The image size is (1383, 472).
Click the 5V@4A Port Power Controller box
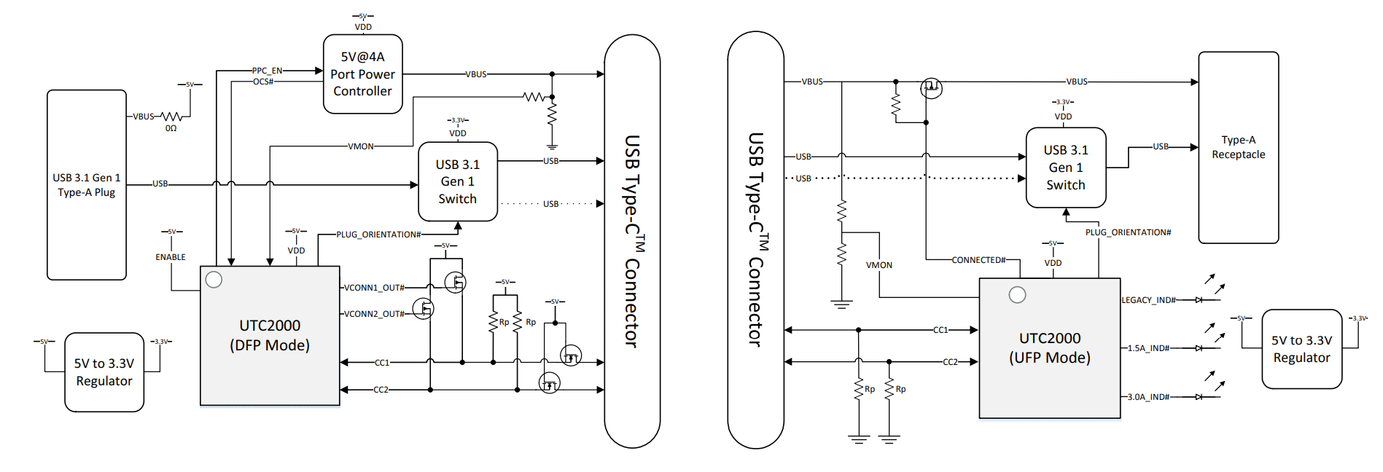tap(362, 74)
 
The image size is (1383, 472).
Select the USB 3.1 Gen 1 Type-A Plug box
tap(86, 184)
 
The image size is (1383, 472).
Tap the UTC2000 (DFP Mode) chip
tap(270, 335)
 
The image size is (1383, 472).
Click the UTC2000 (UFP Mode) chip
tap(1049, 347)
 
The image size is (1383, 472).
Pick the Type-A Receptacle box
tap(1238, 147)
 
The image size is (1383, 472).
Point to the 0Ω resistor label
tap(171, 128)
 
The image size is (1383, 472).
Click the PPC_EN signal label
tap(267, 71)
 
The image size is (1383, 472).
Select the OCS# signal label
tap(263, 82)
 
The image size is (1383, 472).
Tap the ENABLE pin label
tap(171, 257)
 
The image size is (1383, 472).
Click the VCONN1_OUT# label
tap(374, 288)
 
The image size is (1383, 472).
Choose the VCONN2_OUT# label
tap(374, 314)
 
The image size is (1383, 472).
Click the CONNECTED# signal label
tap(978, 260)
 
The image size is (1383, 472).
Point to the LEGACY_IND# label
tap(1148, 300)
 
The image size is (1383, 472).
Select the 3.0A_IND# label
tap(1148, 397)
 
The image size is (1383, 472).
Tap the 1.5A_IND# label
tap(1148, 348)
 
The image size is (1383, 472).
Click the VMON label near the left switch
tap(361, 146)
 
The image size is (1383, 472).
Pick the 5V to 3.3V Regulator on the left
tap(104, 372)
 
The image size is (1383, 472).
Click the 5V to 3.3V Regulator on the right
tap(1301, 349)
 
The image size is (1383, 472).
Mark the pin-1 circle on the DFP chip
tap(214, 280)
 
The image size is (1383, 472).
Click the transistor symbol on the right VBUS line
tap(931, 88)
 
